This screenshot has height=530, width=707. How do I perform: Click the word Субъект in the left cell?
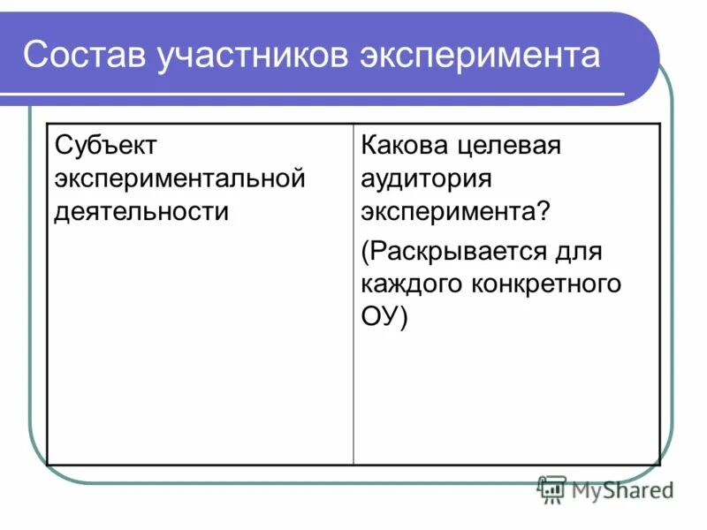click(105, 146)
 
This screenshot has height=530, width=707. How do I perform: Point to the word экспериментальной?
click(179, 179)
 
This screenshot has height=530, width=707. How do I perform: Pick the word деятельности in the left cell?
click(141, 213)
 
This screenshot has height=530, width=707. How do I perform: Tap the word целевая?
click(513, 146)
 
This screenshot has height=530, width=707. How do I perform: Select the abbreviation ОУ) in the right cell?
click(384, 317)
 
